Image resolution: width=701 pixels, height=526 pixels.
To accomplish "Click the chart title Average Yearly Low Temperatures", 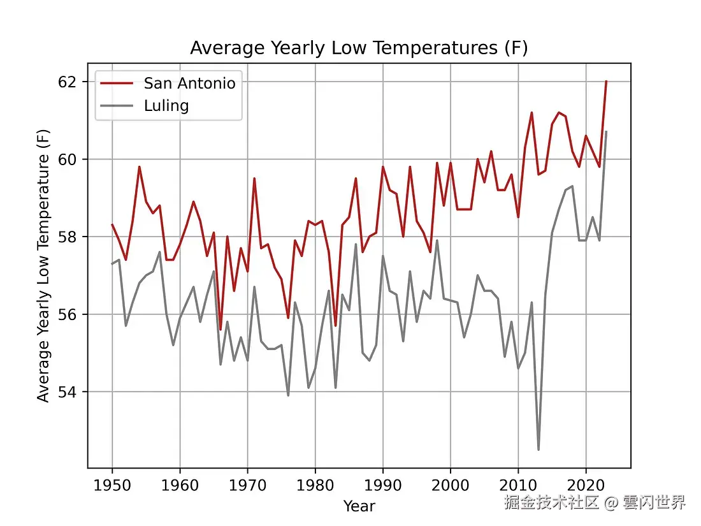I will (x=359, y=48).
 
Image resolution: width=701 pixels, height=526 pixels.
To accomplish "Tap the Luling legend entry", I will (x=166, y=105).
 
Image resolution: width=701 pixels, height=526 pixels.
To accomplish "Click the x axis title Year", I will (x=359, y=506).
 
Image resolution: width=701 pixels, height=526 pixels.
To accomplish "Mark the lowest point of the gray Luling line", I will (x=538, y=449).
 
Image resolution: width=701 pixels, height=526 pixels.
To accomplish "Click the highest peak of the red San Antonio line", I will (x=606, y=82).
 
